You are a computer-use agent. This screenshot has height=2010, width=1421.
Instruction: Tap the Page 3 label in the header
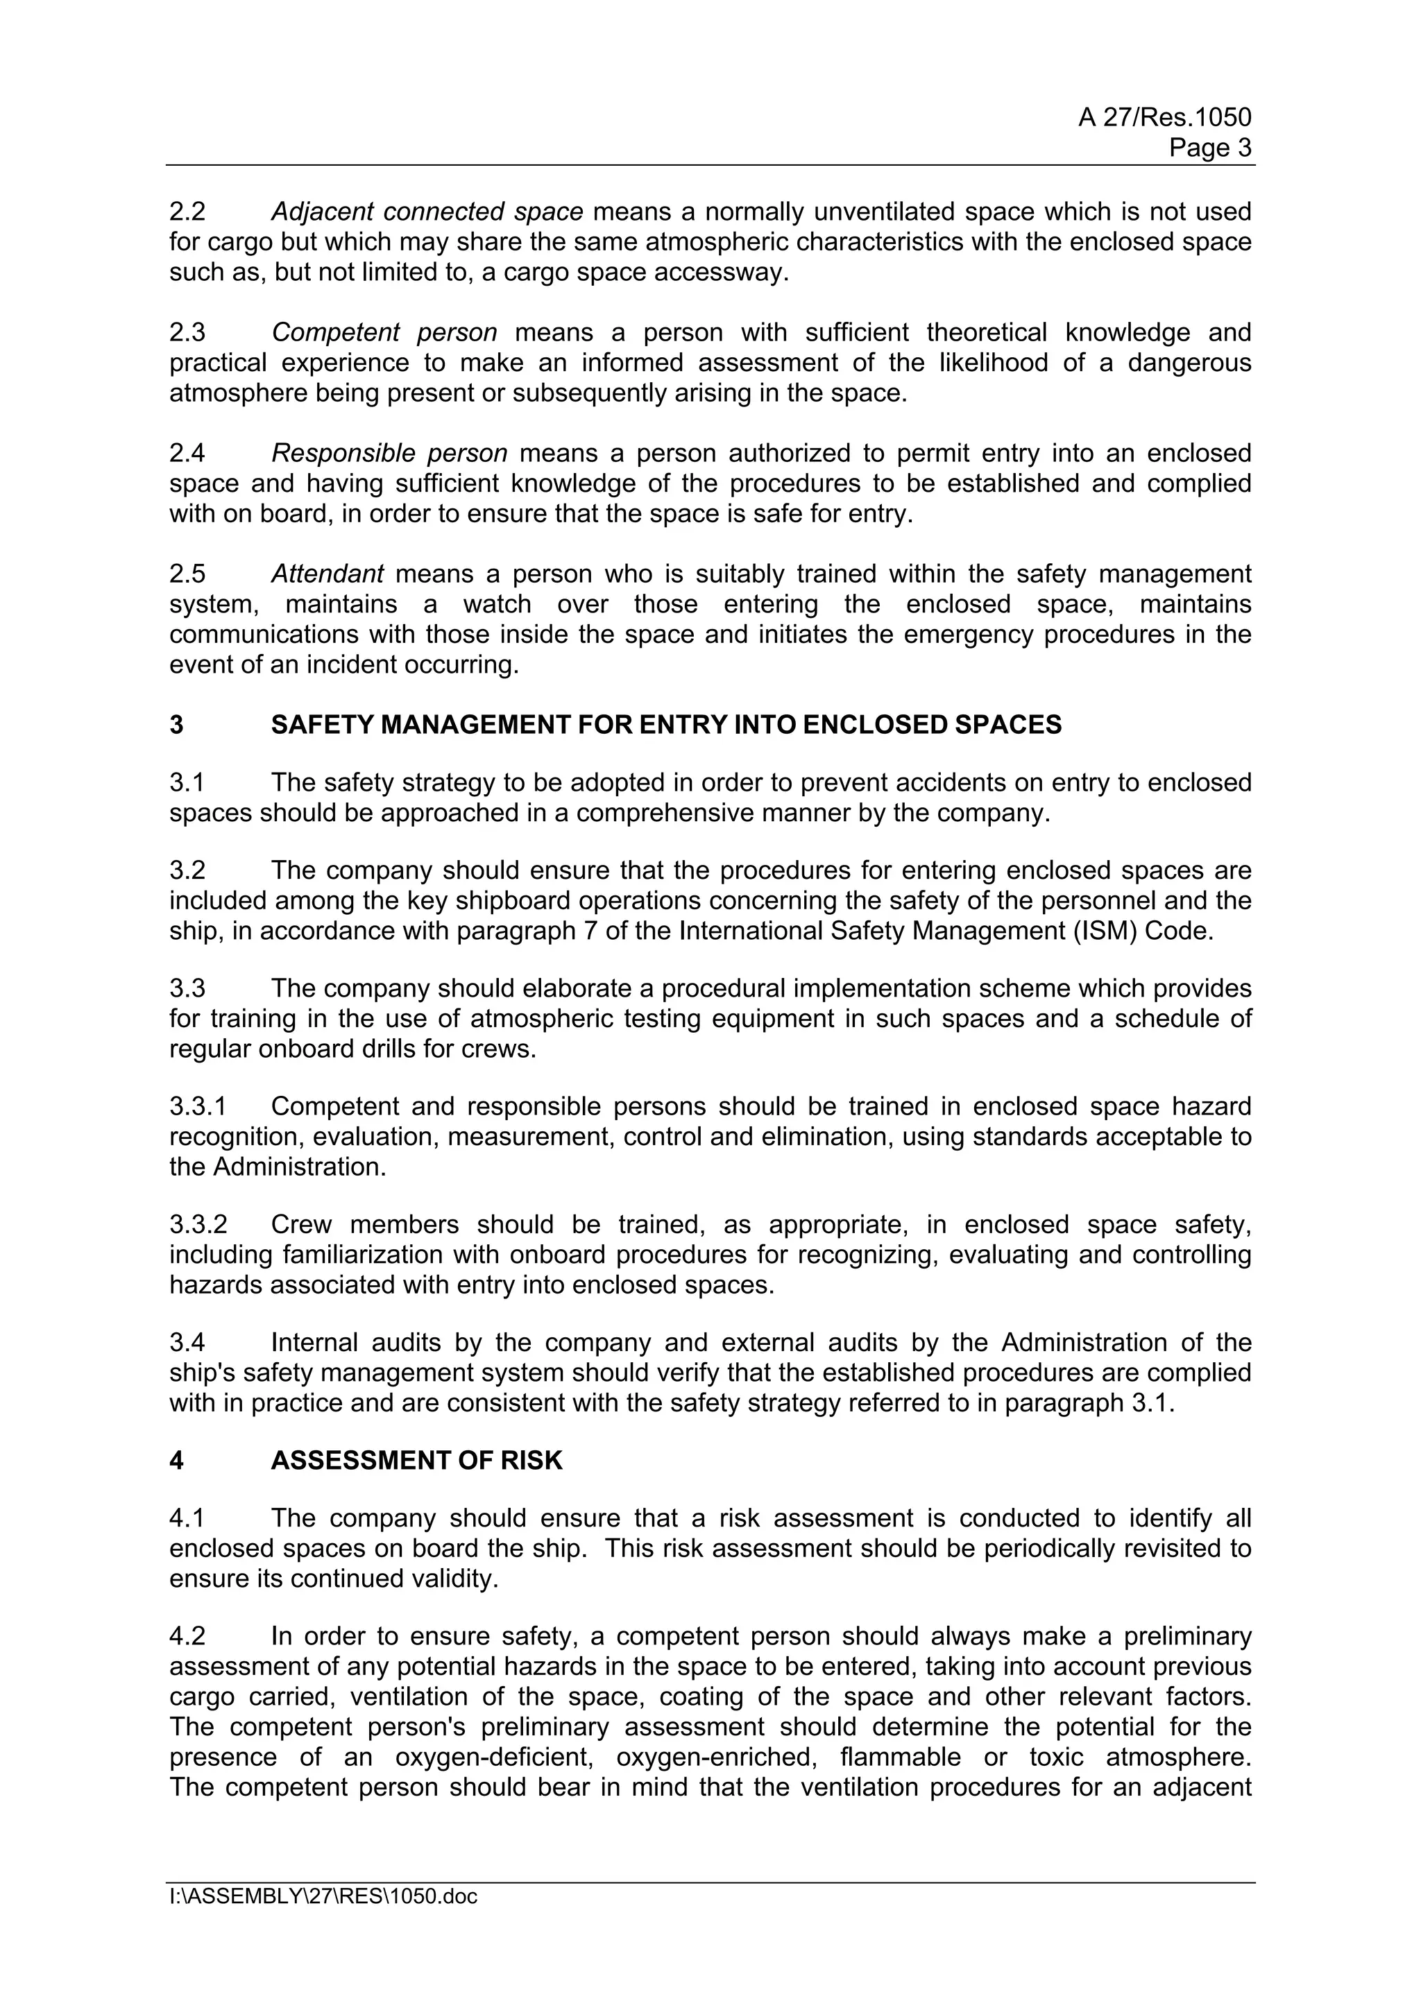click(x=1210, y=147)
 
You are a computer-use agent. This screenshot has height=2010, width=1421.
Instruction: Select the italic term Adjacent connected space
click(x=427, y=212)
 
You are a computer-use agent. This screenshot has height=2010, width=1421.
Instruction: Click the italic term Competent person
click(x=384, y=333)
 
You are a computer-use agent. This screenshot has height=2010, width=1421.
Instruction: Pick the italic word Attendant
click(x=327, y=574)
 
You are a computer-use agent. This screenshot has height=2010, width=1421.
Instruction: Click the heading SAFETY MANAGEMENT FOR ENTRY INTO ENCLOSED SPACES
click(x=665, y=725)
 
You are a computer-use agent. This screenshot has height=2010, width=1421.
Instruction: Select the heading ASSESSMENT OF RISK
click(x=417, y=1460)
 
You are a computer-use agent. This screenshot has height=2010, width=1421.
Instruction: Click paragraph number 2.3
click(x=187, y=333)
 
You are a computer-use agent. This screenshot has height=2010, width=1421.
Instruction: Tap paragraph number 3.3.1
click(x=198, y=1106)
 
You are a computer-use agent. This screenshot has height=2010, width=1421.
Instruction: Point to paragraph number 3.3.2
click(x=198, y=1225)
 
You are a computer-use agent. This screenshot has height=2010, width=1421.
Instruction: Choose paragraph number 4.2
click(x=187, y=1636)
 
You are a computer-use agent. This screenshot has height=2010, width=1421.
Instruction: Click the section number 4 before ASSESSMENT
click(x=177, y=1460)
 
